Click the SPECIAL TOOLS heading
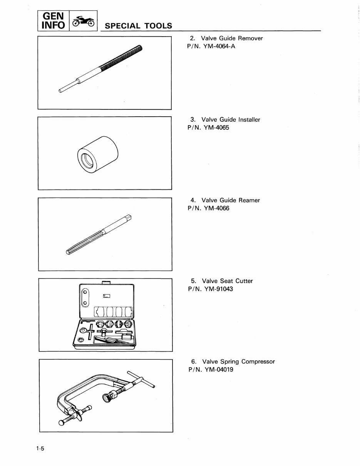[138, 26]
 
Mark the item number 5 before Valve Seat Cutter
[193, 281]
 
